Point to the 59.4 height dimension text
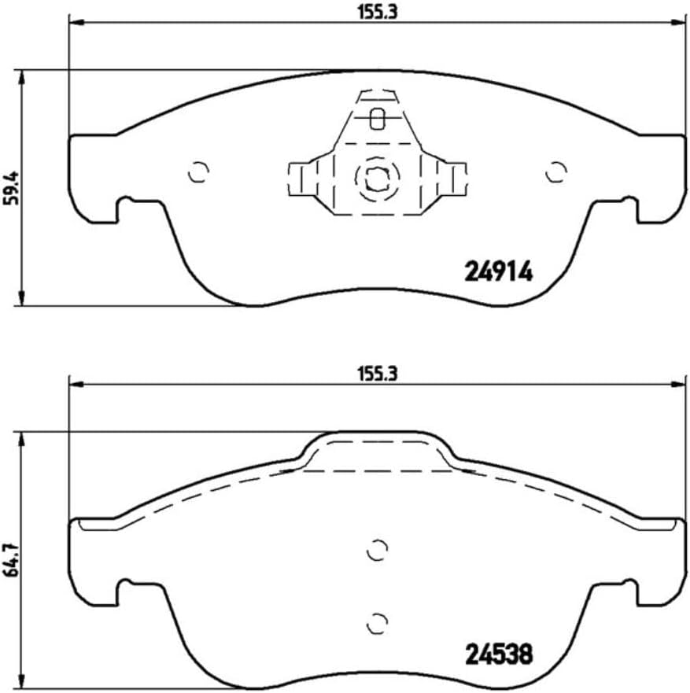(11, 188)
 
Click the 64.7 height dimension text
(11, 560)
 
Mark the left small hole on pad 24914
(199, 171)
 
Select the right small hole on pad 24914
(555, 171)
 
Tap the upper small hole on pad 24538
(378, 550)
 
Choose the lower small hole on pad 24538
(378, 621)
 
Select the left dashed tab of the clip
(299, 178)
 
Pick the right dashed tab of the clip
(455, 178)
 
